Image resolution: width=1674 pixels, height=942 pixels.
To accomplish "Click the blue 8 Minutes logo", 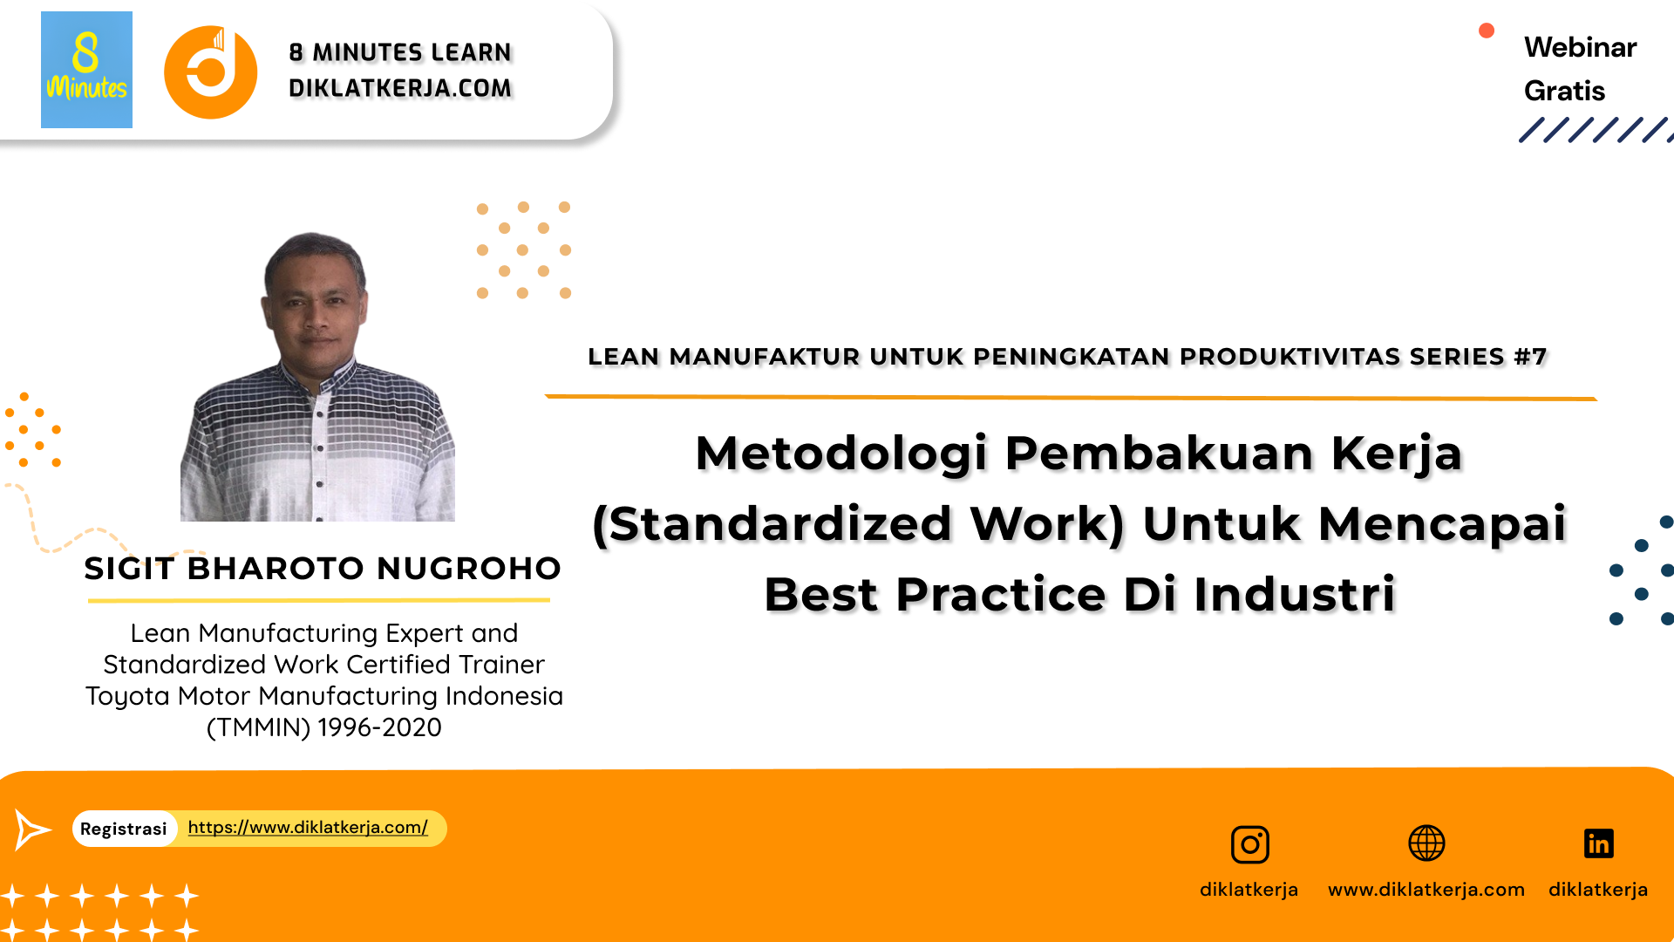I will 86,70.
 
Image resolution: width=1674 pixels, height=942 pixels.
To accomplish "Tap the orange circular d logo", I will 210,72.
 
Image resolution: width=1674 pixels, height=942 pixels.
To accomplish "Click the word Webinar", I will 1580,47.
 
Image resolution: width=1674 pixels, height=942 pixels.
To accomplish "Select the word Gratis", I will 1564,91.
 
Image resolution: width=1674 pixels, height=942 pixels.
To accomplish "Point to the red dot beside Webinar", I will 1487,31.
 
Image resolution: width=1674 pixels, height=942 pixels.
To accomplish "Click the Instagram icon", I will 1249,844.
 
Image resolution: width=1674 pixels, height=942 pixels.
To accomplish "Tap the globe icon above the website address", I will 1426,843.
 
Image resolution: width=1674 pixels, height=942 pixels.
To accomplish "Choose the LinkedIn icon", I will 1598,843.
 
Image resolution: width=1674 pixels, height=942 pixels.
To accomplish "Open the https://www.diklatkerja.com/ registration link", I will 308,827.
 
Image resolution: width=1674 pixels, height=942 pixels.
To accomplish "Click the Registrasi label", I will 124,829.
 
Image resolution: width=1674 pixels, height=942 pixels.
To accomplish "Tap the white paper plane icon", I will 32,829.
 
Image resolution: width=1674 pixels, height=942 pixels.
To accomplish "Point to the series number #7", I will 1530,357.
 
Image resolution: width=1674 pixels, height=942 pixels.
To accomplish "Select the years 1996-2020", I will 379,727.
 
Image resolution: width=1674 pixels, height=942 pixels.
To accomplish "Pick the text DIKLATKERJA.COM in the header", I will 400,88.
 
